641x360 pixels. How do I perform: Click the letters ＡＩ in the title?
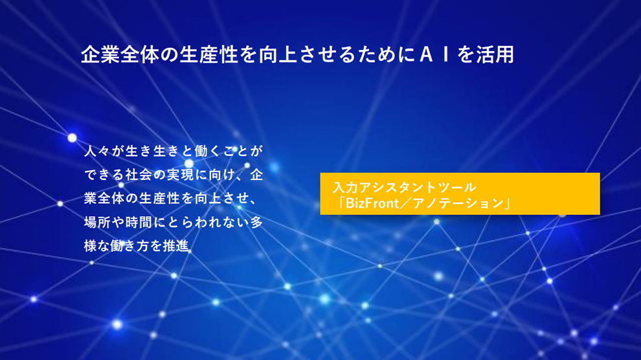pyautogui.click(x=435, y=55)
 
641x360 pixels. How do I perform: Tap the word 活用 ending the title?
pyautogui.click(x=495, y=55)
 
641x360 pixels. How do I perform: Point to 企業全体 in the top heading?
pyautogui.click(x=120, y=55)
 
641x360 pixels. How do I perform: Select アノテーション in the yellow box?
pyautogui.click(x=458, y=203)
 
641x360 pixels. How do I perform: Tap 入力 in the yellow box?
pyautogui.click(x=346, y=187)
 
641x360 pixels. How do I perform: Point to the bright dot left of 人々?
pyautogui.click(x=73, y=138)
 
